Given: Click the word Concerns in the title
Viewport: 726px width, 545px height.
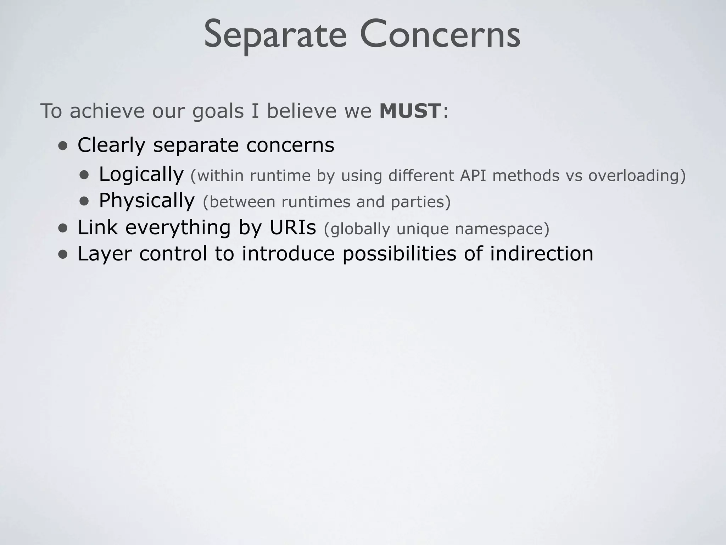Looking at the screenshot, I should [x=440, y=35].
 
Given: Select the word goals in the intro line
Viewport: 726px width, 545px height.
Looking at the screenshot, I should [x=218, y=111].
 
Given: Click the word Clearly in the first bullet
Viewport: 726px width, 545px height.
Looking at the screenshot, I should [x=111, y=145].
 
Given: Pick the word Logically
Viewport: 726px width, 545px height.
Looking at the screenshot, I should [x=141, y=175].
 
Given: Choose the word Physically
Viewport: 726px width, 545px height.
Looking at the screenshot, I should [x=147, y=201].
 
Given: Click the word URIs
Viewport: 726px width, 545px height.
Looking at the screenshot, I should [x=292, y=227].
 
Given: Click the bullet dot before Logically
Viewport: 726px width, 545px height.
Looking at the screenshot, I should [x=84, y=175].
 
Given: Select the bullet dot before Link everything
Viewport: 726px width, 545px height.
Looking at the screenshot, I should [x=63, y=228].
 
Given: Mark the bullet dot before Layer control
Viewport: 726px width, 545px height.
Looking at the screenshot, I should [x=63, y=254].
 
